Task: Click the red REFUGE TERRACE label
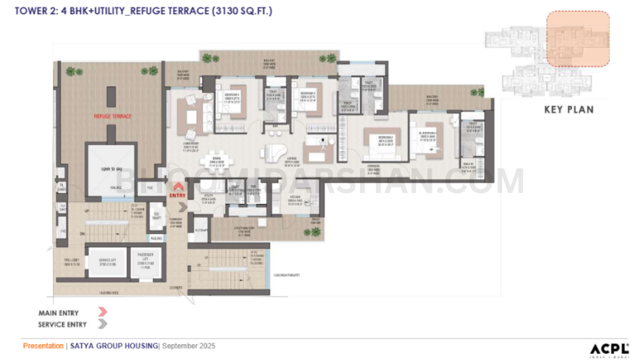(x=113, y=116)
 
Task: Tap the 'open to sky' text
(x=112, y=169)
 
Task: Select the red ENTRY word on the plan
(x=178, y=195)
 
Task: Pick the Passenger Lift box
(x=145, y=261)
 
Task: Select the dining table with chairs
(x=216, y=161)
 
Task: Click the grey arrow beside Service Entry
(x=102, y=324)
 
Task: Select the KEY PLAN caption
(x=568, y=109)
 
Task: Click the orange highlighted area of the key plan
(x=577, y=39)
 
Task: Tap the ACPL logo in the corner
(x=609, y=349)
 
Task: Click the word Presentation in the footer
(x=43, y=346)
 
